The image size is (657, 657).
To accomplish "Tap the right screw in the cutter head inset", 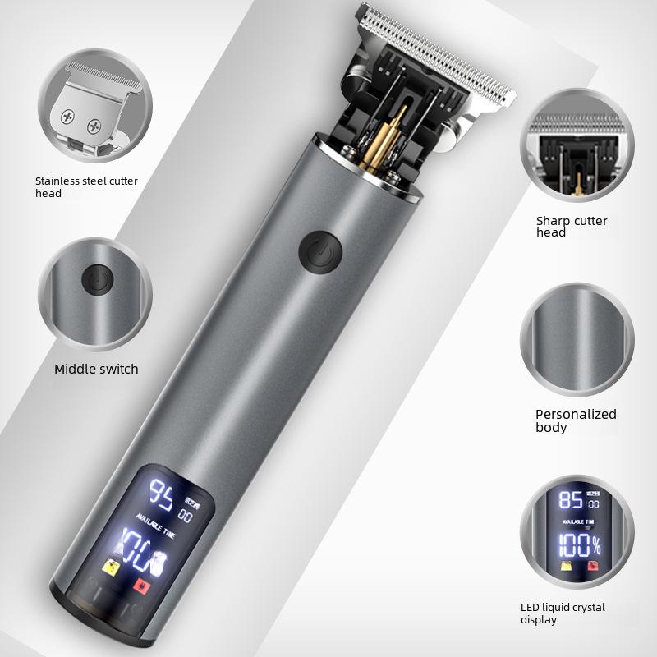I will click(x=95, y=126).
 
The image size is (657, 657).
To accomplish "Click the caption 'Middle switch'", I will click(x=96, y=369).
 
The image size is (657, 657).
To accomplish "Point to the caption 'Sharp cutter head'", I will click(x=572, y=227).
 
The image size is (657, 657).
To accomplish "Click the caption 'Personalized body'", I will click(x=575, y=420).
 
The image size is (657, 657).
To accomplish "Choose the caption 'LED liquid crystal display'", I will click(x=563, y=613).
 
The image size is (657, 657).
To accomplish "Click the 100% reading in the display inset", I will click(x=579, y=544).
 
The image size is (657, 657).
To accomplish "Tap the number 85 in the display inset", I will click(x=569, y=500).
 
